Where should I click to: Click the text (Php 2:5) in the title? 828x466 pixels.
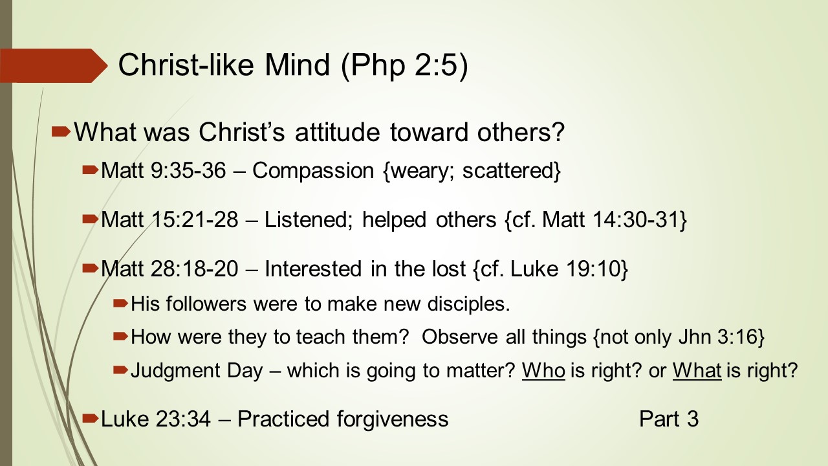(x=404, y=66)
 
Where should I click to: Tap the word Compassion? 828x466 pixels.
(x=313, y=170)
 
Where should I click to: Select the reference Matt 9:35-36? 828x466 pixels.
(x=164, y=170)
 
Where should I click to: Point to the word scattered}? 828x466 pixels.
(x=512, y=170)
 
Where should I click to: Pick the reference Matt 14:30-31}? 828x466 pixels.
(x=615, y=219)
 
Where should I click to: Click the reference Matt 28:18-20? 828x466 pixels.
(x=169, y=269)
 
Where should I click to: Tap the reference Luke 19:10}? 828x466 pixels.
(x=569, y=269)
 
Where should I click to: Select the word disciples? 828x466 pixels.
(x=469, y=304)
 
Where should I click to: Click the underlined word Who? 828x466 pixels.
(x=543, y=370)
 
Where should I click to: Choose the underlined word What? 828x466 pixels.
(x=697, y=370)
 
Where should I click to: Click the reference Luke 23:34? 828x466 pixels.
(x=156, y=419)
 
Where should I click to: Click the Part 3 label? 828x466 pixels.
(x=669, y=419)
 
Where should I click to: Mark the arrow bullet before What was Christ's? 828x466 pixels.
(x=61, y=131)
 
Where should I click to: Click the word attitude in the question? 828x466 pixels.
(x=338, y=132)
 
